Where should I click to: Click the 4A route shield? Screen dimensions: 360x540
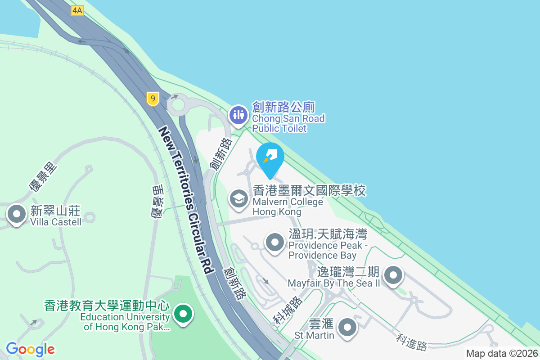click(x=77, y=10)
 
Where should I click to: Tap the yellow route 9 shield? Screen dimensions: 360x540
click(x=153, y=99)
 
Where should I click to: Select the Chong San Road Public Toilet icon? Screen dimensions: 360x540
click(x=238, y=115)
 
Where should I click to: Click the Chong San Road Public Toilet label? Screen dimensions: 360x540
click(x=288, y=118)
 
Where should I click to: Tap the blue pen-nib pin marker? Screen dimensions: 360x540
click(x=270, y=157)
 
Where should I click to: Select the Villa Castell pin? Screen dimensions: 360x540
click(x=17, y=214)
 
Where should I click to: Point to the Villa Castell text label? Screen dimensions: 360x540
click(x=56, y=216)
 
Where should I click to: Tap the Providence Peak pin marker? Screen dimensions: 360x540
click(x=275, y=243)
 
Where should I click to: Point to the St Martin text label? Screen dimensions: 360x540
click(x=314, y=330)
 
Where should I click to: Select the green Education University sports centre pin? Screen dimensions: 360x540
click(x=183, y=314)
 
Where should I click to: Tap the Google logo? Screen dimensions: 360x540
click(x=30, y=349)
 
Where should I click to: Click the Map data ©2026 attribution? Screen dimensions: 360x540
click(x=501, y=354)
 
